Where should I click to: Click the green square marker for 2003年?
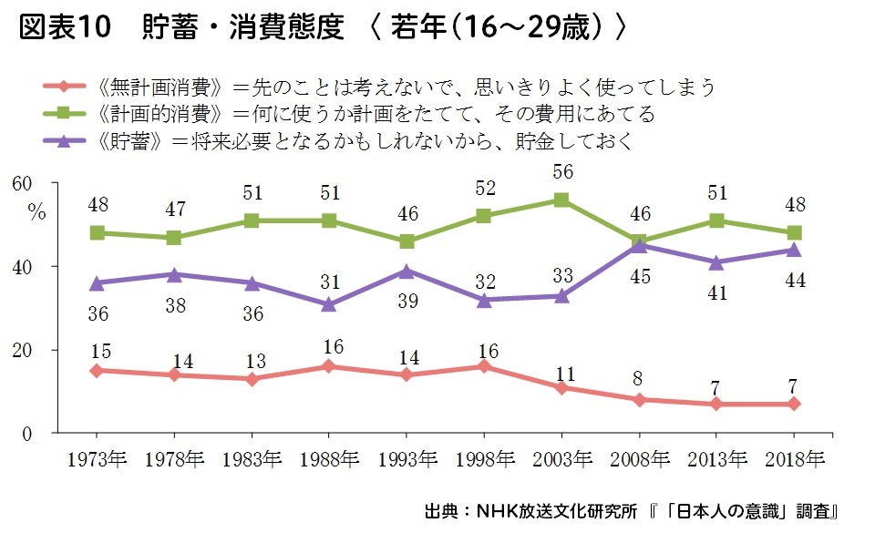(x=562, y=200)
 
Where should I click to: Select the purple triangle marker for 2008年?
(x=641, y=244)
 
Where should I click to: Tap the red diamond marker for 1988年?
(x=328, y=366)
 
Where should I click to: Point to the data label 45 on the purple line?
(x=641, y=276)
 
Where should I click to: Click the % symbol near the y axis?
(x=36, y=212)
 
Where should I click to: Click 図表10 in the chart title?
(x=64, y=29)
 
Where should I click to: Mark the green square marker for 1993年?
(x=407, y=241)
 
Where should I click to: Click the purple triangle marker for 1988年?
(x=328, y=303)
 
